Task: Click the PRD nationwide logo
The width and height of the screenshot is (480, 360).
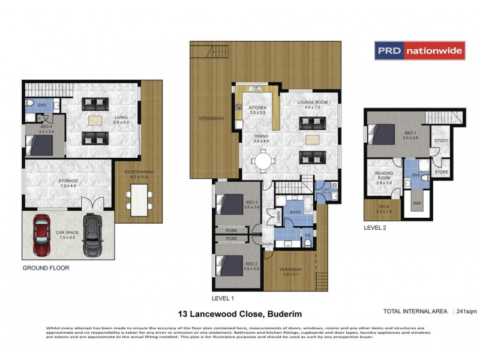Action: (420, 51)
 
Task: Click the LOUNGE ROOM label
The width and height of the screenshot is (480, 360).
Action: (313, 103)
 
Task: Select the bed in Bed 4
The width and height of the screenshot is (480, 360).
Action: (42, 145)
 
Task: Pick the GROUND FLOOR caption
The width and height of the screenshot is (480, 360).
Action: (46, 268)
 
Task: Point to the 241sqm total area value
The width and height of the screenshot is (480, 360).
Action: (466, 311)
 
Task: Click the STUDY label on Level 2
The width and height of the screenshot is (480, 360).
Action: (441, 141)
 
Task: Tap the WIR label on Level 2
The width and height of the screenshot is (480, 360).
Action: (417, 204)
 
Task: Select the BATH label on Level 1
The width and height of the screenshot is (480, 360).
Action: (295, 212)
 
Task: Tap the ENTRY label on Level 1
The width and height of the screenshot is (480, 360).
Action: (268, 244)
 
